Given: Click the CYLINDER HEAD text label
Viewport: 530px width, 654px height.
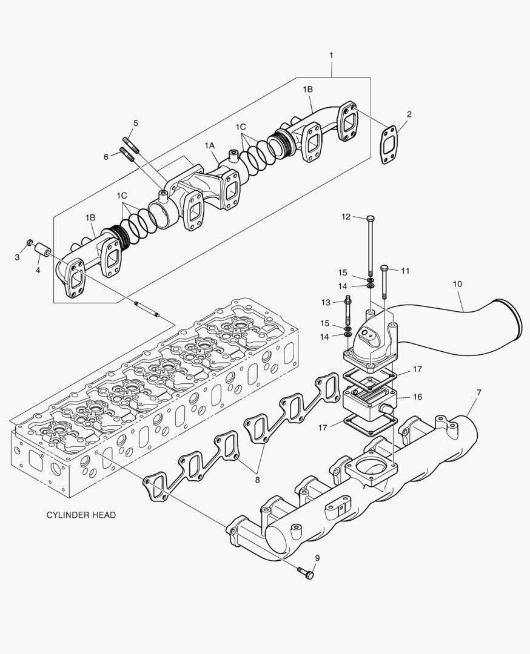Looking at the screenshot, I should [81, 515].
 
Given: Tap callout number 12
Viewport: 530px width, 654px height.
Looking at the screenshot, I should [346, 216].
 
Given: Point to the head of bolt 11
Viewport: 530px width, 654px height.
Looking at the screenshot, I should [384, 268].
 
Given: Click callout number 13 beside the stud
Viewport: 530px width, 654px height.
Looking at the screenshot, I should [326, 302].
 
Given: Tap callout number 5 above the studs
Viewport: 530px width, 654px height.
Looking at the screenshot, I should [135, 123].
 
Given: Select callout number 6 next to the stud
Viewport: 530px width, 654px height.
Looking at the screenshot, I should [106, 156].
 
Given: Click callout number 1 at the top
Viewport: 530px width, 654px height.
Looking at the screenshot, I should [331, 55].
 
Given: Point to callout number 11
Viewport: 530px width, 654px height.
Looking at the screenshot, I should [406, 271].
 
